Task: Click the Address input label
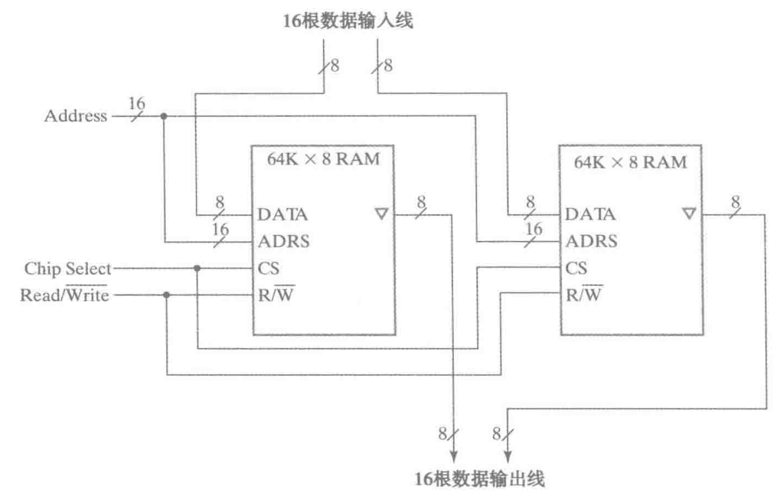[75, 116]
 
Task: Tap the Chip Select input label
[68, 269]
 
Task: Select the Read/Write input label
[65, 295]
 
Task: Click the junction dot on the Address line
[164, 116]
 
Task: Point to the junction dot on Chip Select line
[197, 268]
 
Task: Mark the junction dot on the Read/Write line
[166, 295]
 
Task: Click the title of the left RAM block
[323, 159]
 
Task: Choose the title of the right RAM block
[630, 162]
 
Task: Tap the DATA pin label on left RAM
[282, 214]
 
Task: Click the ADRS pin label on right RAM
[591, 241]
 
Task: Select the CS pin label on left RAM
[268, 268]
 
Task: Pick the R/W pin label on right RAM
[583, 294]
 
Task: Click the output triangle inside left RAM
[382, 214]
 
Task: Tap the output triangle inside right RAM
[689, 214]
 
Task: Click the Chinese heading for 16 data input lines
[347, 21]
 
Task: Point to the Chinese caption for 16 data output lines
[479, 479]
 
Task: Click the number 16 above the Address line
[136, 103]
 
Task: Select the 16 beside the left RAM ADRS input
[220, 229]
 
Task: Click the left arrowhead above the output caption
[453, 456]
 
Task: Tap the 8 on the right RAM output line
[735, 202]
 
